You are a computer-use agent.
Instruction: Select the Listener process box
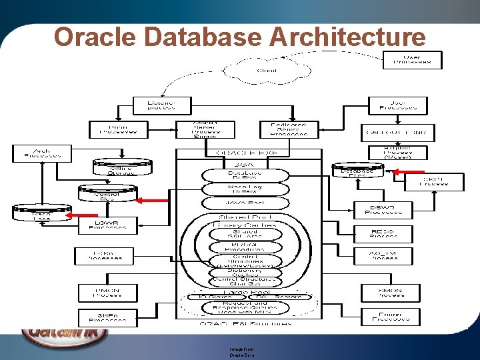pos(162,105)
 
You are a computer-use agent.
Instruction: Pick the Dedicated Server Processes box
pos(288,129)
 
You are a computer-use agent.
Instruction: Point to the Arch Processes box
pos(41,153)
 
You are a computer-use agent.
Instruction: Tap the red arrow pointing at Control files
pos(151,199)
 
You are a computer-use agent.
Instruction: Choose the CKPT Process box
pos(443,181)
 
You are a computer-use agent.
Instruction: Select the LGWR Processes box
pos(108,225)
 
